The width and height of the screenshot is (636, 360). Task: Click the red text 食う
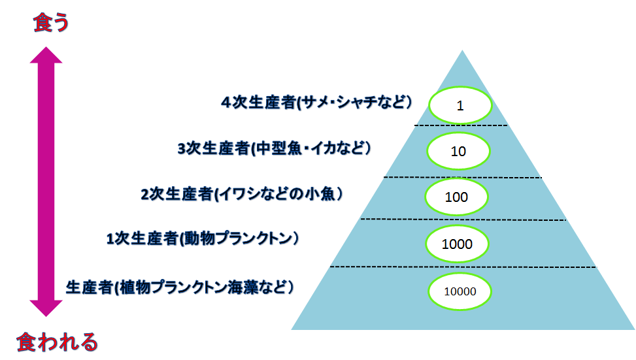click(51, 22)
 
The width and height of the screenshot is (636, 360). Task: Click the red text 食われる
click(57, 342)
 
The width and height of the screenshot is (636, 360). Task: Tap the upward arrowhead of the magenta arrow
click(46, 56)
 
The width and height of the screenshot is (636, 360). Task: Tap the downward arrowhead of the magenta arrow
click(46, 308)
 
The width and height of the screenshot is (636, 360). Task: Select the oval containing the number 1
click(460, 105)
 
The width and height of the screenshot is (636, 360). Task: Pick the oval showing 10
click(458, 151)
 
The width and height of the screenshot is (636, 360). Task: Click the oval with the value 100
click(456, 197)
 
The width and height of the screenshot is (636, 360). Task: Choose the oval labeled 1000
click(457, 244)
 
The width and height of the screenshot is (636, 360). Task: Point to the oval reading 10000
click(460, 291)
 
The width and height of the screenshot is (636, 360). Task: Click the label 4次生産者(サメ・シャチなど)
click(316, 102)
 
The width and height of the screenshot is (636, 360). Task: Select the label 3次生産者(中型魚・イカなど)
click(274, 148)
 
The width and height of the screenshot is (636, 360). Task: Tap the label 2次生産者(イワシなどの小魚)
click(242, 194)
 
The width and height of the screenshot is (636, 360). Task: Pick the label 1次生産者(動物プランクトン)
click(203, 238)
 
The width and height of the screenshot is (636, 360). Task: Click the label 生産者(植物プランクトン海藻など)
click(180, 287)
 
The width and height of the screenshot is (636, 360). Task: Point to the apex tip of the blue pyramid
click(462, 50)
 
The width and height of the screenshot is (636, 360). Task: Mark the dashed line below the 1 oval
click(461, 125)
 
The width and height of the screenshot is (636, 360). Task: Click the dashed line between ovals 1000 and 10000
click(463, 267)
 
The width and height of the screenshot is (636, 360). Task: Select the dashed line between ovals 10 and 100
click(463, 177)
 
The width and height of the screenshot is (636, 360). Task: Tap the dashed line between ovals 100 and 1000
click(463, 220)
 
